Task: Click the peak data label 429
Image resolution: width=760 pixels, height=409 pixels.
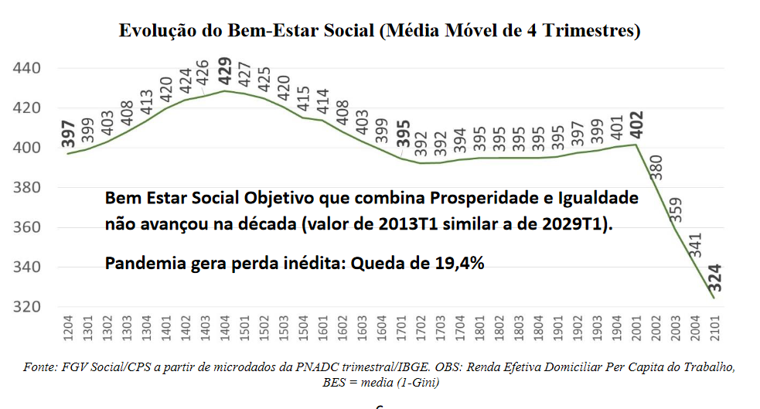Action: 225,70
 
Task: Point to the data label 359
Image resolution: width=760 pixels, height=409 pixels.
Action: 677,210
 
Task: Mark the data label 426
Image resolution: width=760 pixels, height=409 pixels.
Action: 205,74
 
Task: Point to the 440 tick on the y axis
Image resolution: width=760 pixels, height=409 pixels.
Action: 27,69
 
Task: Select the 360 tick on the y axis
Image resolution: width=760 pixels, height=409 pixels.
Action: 27,227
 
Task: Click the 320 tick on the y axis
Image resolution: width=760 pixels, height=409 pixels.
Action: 27,307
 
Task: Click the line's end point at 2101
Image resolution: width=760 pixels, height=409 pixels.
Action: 714,298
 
